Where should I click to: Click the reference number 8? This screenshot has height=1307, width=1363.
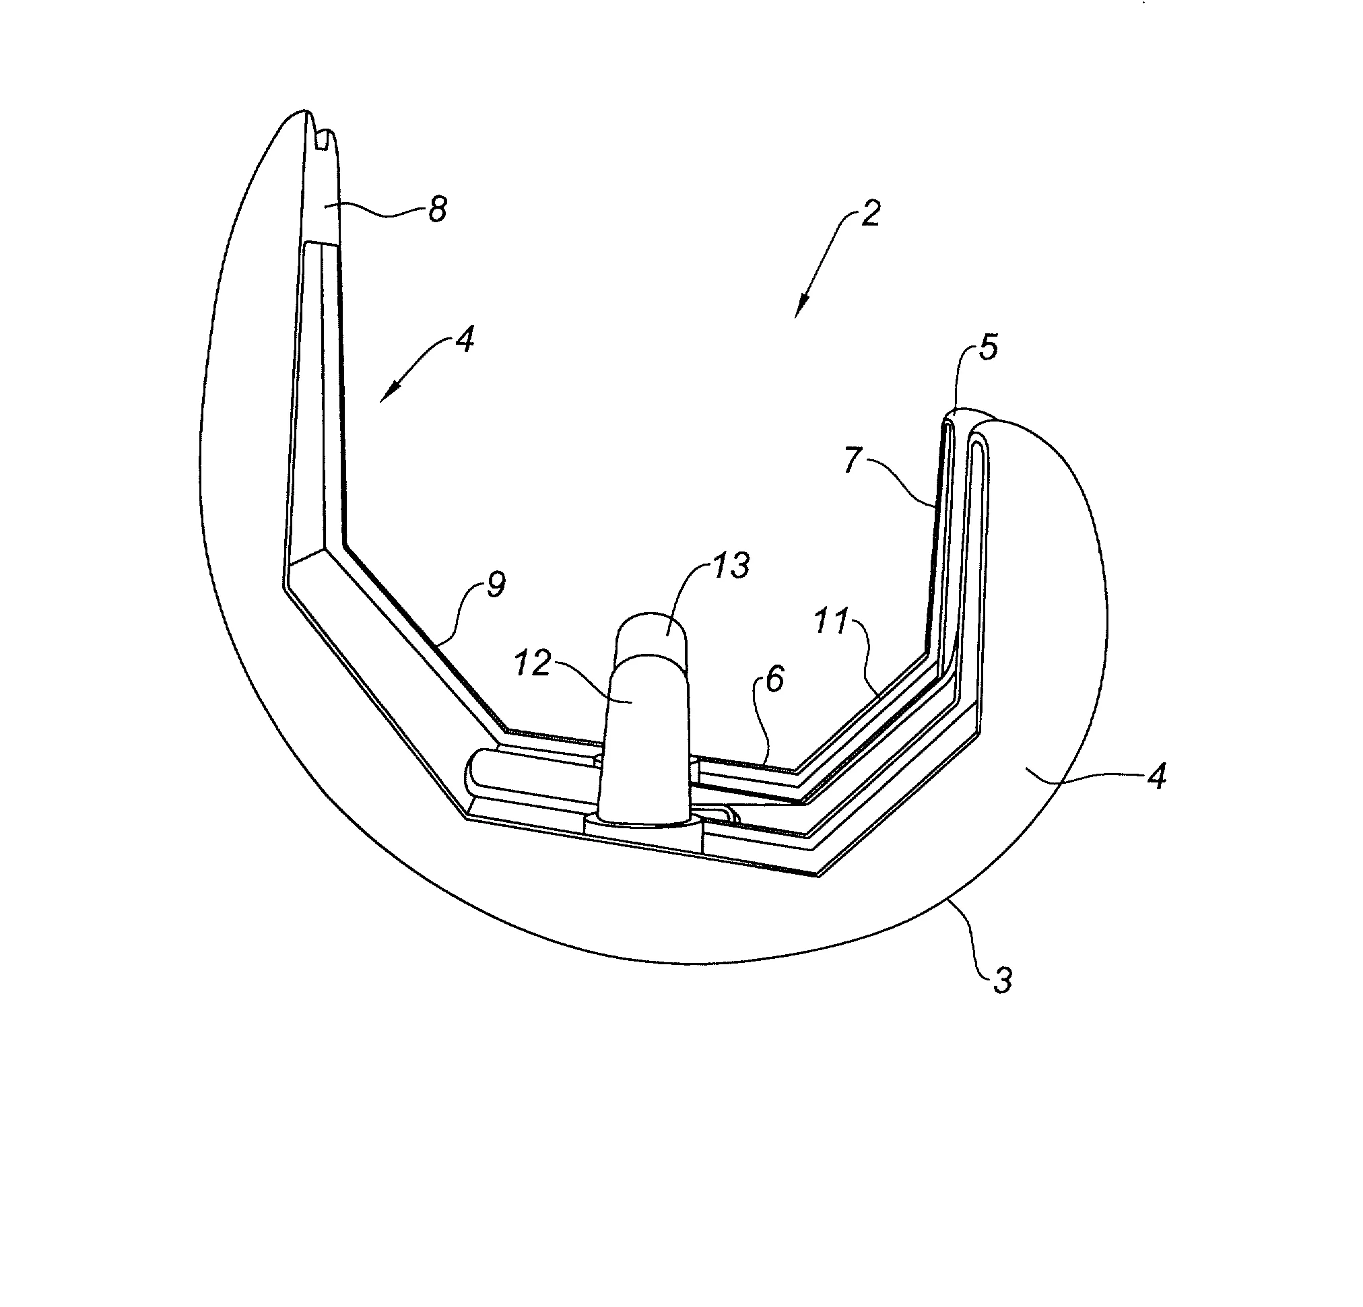[437, 209]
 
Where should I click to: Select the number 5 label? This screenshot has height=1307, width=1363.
[987, 346]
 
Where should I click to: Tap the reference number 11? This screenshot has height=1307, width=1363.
[832, 621]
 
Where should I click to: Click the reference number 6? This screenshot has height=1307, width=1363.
[775, 679]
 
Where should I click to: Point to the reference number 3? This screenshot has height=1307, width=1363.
[1002, 980]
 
